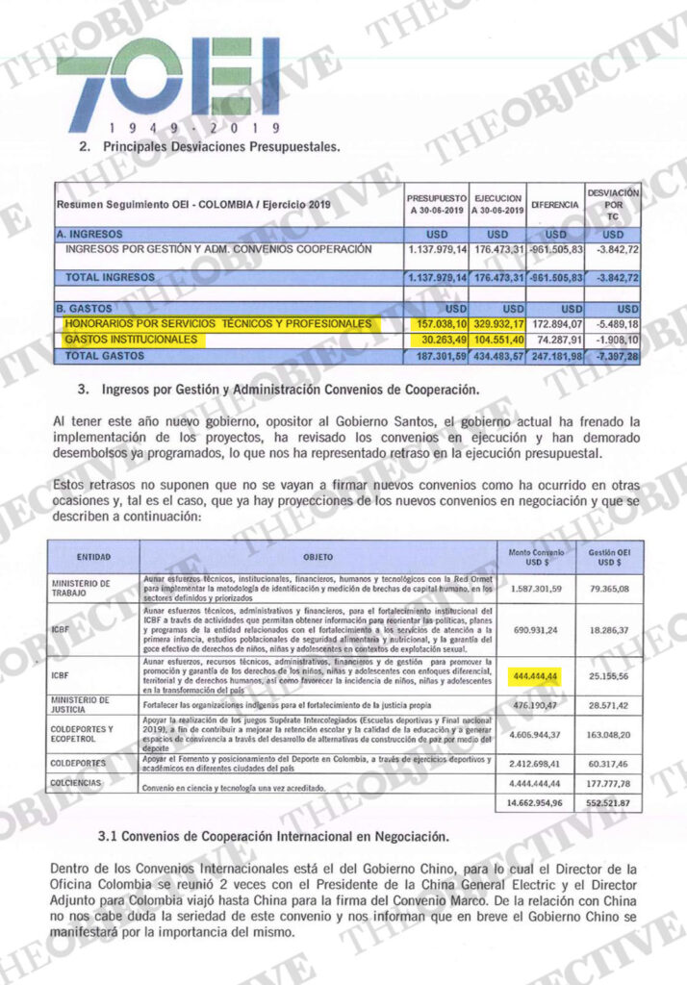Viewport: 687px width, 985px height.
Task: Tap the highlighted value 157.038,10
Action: (434, 324)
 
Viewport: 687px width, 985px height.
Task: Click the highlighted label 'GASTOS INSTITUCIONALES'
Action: (131, 340)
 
